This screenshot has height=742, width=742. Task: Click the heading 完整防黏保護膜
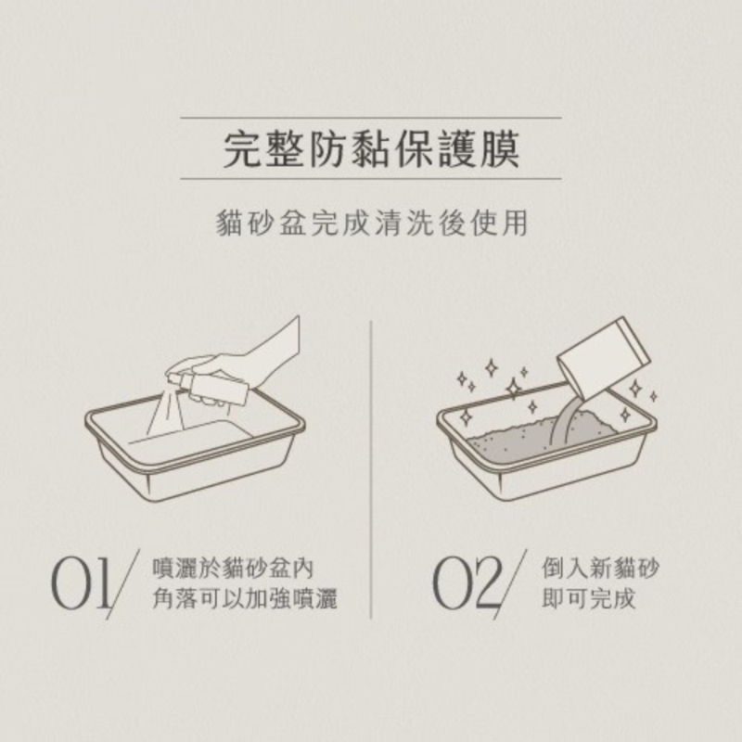click(x=371, y=148)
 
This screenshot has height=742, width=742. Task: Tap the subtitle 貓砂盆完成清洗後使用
click(x=372, y=223)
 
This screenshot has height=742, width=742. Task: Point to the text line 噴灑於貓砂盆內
click(x=233, y=569)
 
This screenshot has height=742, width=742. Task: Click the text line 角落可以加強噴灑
click(x=245, y=599)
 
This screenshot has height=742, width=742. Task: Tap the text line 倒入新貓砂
click(x=600, y=569)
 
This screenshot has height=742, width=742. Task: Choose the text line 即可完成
click(x=588, y=599)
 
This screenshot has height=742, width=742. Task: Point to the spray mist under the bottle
click(x=167, y=413)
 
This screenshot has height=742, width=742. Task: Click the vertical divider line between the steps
click(x=371, y=469)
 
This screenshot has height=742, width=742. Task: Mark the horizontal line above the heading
click(x=371, y=118)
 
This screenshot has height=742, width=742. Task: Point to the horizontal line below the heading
click(x=371, y=179)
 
